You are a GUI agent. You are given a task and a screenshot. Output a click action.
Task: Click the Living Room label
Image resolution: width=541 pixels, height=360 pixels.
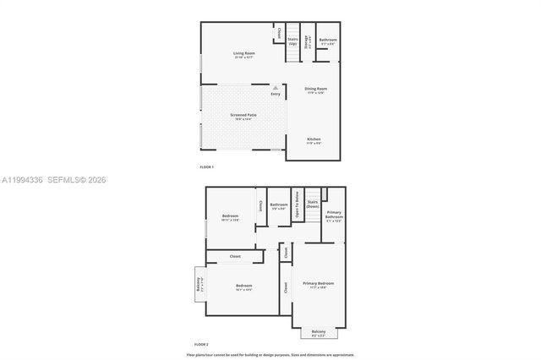(244, 55)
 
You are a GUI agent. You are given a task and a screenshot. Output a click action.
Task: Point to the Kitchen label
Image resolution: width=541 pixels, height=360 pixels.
(314, 140)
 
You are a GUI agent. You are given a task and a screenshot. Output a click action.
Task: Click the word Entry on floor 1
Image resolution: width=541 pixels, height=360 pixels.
(276, 93)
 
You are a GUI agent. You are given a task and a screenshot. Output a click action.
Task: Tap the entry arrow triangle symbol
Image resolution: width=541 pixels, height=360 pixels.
(276, 86)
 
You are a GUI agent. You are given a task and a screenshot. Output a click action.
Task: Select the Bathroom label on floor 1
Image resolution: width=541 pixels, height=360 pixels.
(328, 41)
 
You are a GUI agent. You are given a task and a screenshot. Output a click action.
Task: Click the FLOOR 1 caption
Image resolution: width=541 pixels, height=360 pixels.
(208, 166)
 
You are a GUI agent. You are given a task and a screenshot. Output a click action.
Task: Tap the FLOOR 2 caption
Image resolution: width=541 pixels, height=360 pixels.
(201, 345)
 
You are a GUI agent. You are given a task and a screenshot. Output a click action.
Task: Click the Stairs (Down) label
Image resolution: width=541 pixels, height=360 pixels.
(313, 204)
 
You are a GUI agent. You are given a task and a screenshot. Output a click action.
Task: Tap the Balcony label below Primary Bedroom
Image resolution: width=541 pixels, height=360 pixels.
(318, 332)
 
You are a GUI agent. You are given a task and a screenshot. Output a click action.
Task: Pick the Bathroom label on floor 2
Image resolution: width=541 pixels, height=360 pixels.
(279, 205)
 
